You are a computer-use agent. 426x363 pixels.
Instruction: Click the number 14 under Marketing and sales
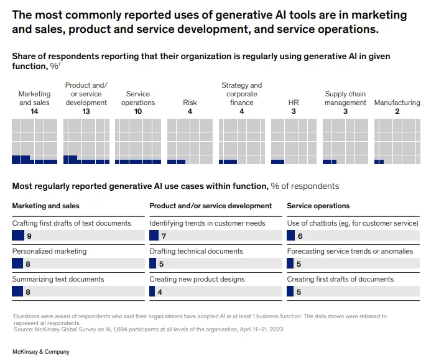pos(34,111)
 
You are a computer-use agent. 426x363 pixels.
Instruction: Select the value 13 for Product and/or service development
pos(86,111)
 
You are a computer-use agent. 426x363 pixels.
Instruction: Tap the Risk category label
pos(190,103)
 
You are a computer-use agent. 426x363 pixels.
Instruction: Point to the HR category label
pos(294,103)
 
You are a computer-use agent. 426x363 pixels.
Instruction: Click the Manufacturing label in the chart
pos(397,103)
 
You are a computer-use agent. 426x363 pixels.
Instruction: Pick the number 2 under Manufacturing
pos(397,111)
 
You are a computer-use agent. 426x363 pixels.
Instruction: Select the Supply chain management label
pos(345,98)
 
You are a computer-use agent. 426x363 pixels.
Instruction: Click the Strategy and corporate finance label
pos(241,94)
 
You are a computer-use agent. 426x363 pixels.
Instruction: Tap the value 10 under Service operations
pos(138,111)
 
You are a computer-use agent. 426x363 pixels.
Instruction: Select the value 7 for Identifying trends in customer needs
pos(164,236)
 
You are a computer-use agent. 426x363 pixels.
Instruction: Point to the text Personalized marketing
pos(49,251)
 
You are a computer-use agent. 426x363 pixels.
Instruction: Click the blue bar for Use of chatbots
pos(290,236)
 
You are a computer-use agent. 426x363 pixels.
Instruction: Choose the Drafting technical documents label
pos(196,251)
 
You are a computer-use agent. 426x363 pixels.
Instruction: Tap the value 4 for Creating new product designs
pos(160,292)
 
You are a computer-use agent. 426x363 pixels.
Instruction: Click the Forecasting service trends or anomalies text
pos(350,251)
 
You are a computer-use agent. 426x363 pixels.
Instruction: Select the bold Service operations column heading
pos(318,206)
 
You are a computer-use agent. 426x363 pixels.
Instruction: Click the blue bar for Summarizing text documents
pos(17,292)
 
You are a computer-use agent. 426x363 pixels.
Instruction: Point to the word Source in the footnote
pos(22,329)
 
